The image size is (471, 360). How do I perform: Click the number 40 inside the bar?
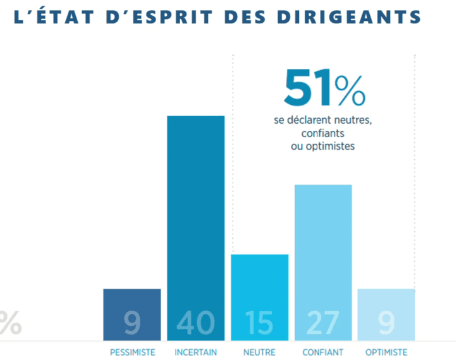click(x=195, y=323)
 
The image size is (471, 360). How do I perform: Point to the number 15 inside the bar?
click(x=259, y=323)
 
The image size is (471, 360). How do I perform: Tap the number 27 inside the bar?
click(x=323, y=323)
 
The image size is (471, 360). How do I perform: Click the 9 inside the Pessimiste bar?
click(x=132, y=323)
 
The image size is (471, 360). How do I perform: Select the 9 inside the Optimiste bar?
click(x=386, y=323)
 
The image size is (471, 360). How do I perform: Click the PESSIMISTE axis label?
click(x=132, y=352)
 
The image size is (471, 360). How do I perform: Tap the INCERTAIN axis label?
click(x=195, y=352)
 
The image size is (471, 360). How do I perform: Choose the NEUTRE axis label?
click(x=259, y=352)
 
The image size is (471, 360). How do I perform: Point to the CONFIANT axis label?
click(x=323, y=352)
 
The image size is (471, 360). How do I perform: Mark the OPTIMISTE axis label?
click(x=386, y=352)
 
